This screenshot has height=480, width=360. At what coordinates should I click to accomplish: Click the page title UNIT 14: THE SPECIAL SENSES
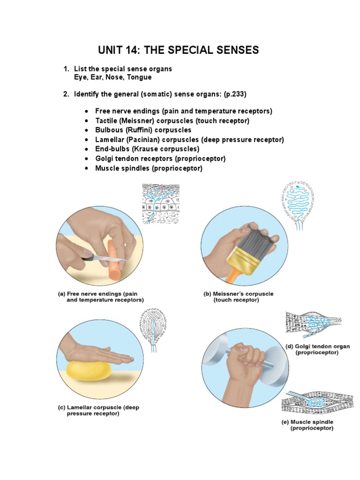[178, 50]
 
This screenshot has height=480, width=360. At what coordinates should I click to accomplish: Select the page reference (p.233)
[235, 94]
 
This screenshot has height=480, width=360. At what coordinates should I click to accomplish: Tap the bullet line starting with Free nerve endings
[183, 111]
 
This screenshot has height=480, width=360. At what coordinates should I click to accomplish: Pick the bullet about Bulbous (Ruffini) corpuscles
[143, 130]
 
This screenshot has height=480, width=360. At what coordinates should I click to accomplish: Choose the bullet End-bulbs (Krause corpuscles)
[147, 149]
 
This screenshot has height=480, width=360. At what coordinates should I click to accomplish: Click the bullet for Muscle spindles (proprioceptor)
[149, 168]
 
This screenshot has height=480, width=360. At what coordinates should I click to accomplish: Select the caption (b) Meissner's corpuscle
[238, 297]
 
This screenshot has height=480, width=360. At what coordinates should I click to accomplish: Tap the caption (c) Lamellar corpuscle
[98, 411]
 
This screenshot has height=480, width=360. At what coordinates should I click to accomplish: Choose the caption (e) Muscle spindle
[307, 425]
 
